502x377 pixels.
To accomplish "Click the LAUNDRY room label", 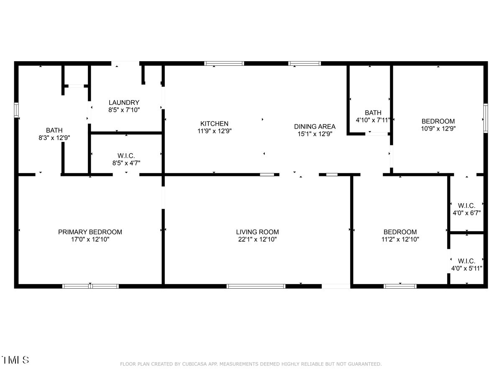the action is pyautogui.click(x=124, y=102).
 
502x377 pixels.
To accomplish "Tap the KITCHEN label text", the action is pyautogui.click(x=214, y=124).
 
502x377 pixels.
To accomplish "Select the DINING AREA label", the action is pyautogui.click(x=315, y=127).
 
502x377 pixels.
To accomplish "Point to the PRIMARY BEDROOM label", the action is pyautogui.click(x=90, y=232).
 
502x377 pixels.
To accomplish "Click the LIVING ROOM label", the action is pyautogui.click(x=258, y=232).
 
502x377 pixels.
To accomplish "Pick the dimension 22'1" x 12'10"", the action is pyautogui.click(x=258, y=240).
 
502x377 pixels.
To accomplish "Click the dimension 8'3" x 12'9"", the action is pyautogui.click(x=54, y=138).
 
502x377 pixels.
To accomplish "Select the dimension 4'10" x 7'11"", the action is pyautogui.click(x=373, y=120).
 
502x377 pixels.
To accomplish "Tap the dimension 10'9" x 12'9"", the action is pyautogui.click(x=438, y=129).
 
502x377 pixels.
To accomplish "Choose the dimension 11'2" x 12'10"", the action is pyautogui.click(x=400, y=240).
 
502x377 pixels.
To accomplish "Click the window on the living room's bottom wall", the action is pyautogui.click(x=256, y=287).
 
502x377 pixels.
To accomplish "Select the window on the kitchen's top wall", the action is pyautogui.click(x=224, y=63).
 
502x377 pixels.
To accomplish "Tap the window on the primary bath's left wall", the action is pyautogui.click(x=16, y=110).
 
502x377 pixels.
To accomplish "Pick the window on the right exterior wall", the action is pyautogui.click(x=486, y=118).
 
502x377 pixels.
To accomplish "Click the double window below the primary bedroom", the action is pyautogui.click(x=90, y=287).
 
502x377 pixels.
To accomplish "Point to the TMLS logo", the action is pyautogui.click(x=15, y=360).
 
